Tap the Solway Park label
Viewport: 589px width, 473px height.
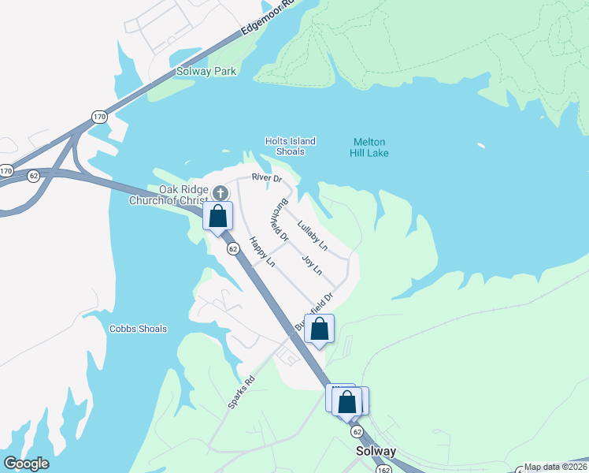click(206, 72)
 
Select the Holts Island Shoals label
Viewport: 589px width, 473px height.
click(291, 147)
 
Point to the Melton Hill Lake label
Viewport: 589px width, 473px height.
click(369, 147)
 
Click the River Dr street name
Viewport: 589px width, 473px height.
click(266, 178)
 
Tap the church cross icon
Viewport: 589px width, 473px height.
click(220, 192)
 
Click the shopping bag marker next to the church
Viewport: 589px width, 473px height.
click(218, 216)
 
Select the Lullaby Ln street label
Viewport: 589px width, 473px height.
click(313, 236)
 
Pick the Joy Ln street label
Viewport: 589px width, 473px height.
click(313, 264)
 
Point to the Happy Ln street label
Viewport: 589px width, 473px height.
click(261, 251)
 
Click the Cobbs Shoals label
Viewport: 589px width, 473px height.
click(138, 329)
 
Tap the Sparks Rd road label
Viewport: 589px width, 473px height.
click(242, 392)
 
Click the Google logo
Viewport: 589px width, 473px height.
click(26, 464)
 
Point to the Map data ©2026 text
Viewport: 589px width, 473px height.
click(556, 467)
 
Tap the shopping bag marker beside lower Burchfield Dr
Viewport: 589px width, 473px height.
click(319, 330)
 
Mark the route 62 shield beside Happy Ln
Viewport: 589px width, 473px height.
click(233, 248)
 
